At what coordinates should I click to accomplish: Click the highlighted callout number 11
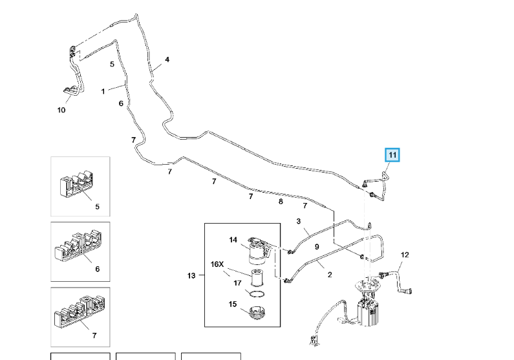[393, 155]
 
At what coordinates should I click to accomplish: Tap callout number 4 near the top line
[167, 60]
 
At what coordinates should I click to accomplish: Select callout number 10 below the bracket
[61, 110]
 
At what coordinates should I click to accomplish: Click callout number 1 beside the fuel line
[103, 91]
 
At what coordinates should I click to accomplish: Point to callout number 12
[405, 255]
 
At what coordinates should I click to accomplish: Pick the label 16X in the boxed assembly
[217, 264]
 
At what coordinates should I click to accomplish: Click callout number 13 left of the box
[191, 276]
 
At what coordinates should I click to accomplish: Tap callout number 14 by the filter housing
[233, 240]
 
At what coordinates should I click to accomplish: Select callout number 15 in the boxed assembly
[233, 304]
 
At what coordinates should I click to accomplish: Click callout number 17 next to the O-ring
[237, 282]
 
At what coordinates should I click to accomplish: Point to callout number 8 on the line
[281, 202]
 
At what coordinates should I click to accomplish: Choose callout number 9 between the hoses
[317, 247]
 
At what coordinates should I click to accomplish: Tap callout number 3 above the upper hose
[299, 222]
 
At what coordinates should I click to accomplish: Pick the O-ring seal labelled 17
[257, 294]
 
